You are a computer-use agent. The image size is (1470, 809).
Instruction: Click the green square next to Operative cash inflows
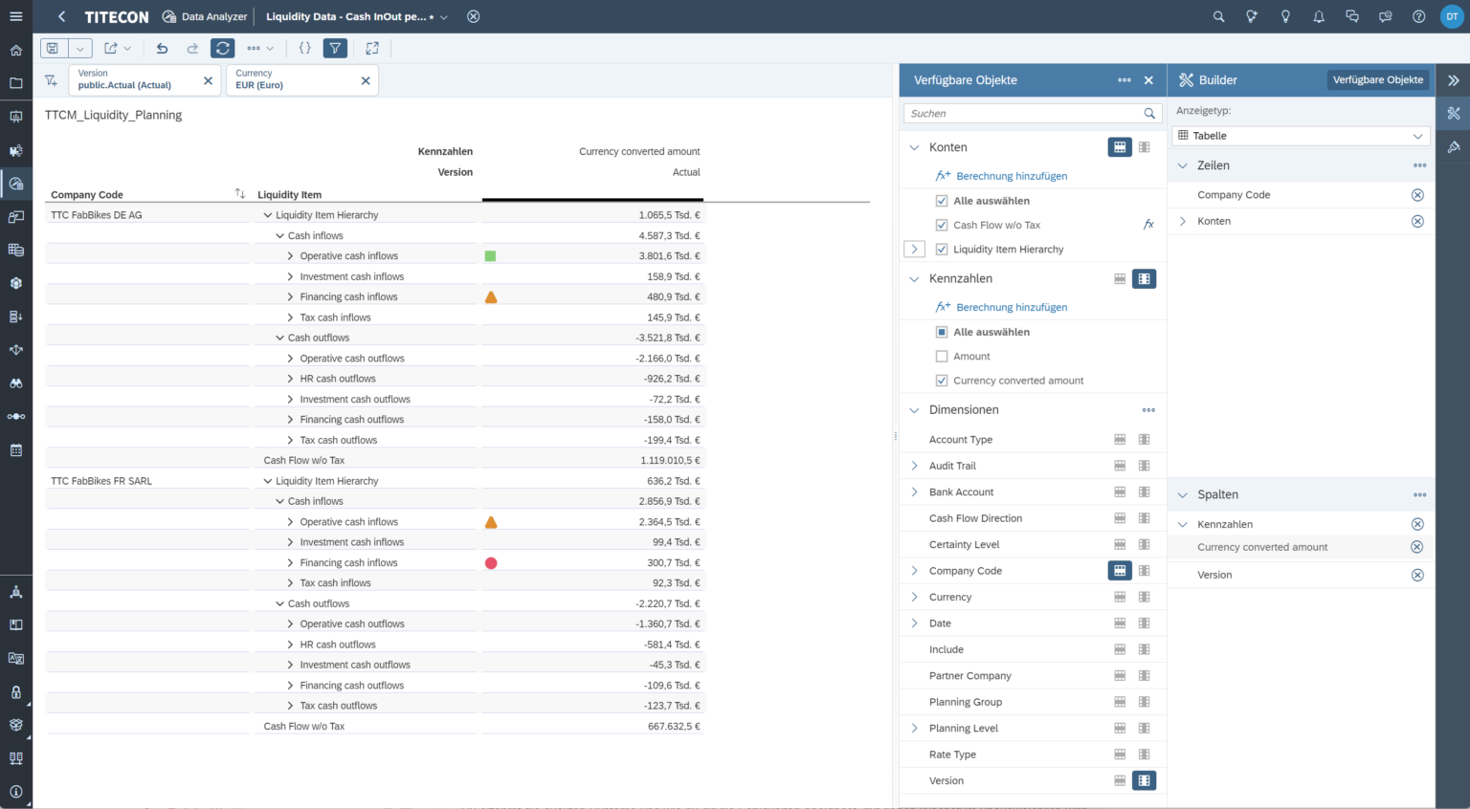point(491,256)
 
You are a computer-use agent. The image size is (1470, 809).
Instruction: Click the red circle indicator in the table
point(491,563)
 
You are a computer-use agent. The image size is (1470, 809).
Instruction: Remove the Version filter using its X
point(208,81)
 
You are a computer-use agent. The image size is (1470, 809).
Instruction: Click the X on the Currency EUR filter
point(366,81)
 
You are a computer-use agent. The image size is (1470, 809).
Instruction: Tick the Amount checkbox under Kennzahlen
point(942,357)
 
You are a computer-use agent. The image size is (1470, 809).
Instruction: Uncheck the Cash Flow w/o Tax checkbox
point(942,225)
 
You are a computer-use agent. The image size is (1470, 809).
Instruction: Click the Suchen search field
point(1024,114)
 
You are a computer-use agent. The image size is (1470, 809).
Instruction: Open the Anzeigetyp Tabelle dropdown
point(1302,136)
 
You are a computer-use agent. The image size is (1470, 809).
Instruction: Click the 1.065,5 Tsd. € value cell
point(669,215)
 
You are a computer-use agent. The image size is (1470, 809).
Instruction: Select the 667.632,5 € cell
point(674,727)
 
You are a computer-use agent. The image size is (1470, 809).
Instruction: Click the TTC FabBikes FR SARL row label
point(101,481)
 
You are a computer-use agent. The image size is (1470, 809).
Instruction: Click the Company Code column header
point(87,195)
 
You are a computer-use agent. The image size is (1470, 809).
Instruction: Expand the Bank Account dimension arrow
point(915,492)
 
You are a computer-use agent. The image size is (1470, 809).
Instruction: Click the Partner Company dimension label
point(969,676)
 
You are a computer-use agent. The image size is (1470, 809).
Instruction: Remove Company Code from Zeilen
point(1417,195)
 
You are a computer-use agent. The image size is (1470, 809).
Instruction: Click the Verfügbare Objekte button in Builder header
point(1377,80)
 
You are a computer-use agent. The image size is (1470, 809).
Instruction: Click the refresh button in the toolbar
point(223,48)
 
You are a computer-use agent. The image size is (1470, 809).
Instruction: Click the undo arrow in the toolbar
point(162,48)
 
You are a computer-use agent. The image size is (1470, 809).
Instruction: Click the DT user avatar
point(1451,16)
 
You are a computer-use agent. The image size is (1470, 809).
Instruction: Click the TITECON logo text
point(117,17)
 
